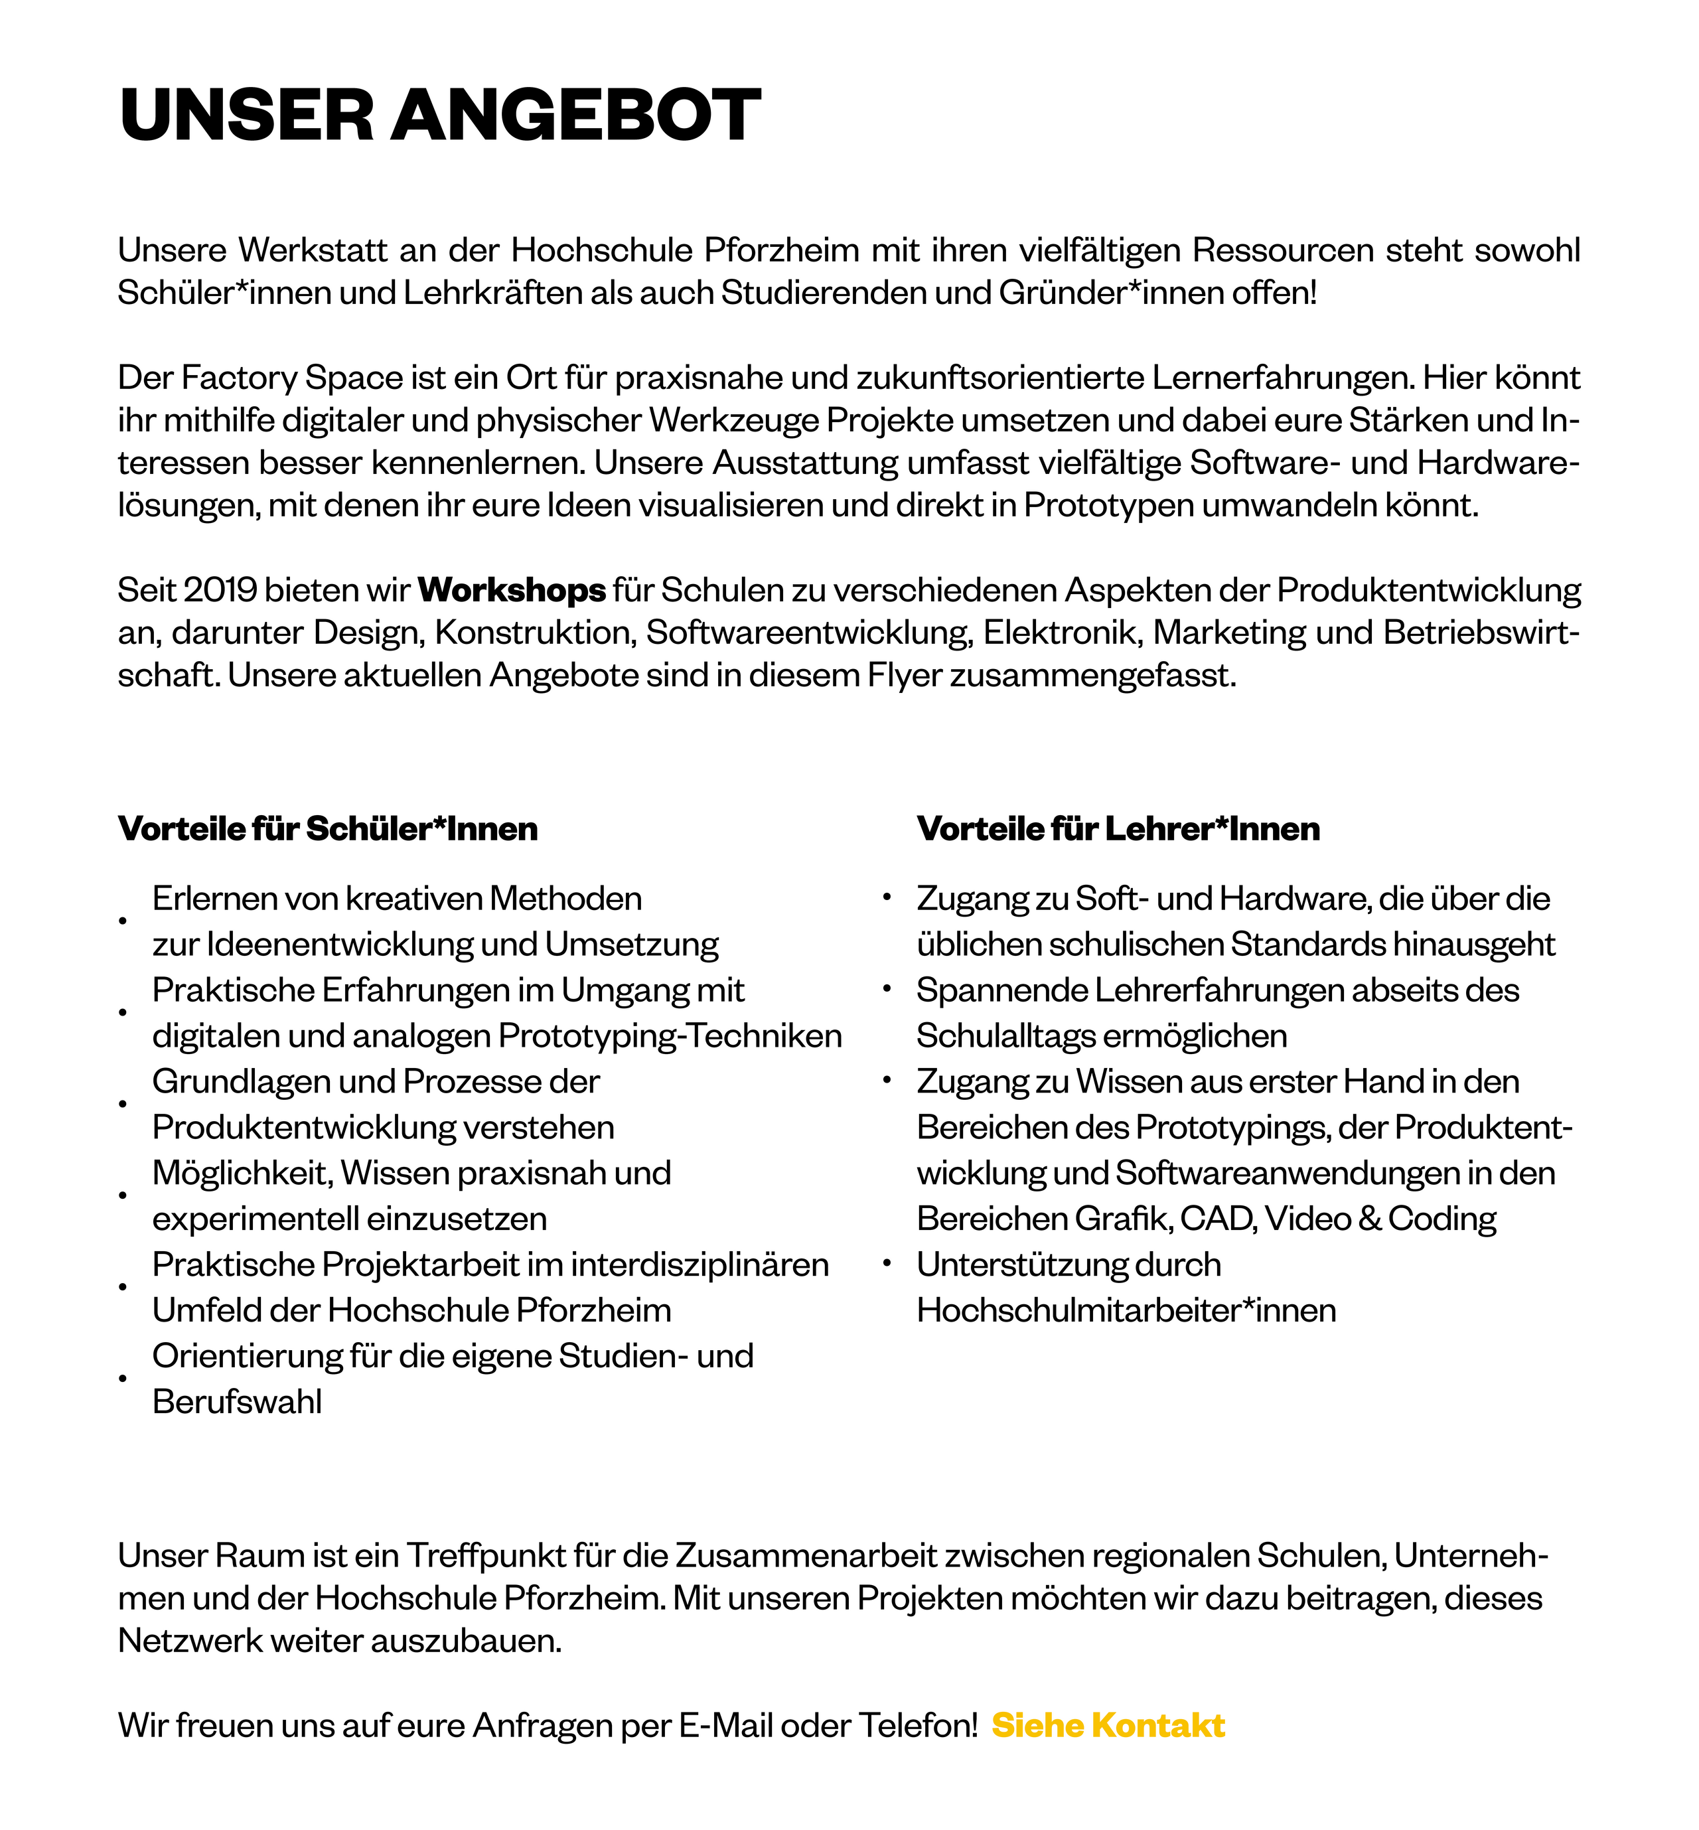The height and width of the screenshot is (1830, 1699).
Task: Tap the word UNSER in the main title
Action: tap(246, 116)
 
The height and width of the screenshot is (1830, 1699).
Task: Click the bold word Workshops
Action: tap(511, 589)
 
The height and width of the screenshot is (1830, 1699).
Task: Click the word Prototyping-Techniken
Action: tap(670, 1035)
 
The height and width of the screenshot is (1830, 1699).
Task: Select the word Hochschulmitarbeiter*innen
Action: tap(1126, 1310)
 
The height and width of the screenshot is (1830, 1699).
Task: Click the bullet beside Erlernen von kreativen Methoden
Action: tap(122, 921)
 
